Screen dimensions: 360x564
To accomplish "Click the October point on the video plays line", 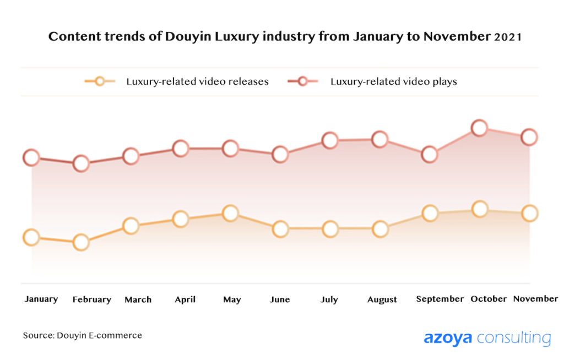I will coord(480,128).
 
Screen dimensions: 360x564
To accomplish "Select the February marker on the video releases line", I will coord(81,242).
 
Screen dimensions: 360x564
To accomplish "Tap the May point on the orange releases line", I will coord(231,213).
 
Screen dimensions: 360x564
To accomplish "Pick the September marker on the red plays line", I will coord(429,155).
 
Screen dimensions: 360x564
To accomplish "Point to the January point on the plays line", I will coord(31,158).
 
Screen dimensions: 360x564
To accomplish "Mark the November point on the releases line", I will coord(529,213).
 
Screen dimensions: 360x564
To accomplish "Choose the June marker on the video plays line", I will coord(280,155).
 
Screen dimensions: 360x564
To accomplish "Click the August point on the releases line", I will coord(380,228).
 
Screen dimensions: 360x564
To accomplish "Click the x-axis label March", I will coord(138,299).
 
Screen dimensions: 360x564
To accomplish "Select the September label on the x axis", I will coord(440,299).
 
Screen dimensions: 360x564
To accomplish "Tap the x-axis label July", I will coord(329,299).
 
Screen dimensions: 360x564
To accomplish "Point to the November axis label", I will coord(535,298).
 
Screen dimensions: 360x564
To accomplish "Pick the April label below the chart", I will coord(185,299).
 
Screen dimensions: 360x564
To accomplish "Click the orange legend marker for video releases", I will coord(100,81).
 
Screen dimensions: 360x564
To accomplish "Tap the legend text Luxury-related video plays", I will coord(394,81).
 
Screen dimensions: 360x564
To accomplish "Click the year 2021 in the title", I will coord(507,37).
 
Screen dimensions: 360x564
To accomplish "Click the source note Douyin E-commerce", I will coord(82,335).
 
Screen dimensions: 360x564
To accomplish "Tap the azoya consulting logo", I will coord(487,337).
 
